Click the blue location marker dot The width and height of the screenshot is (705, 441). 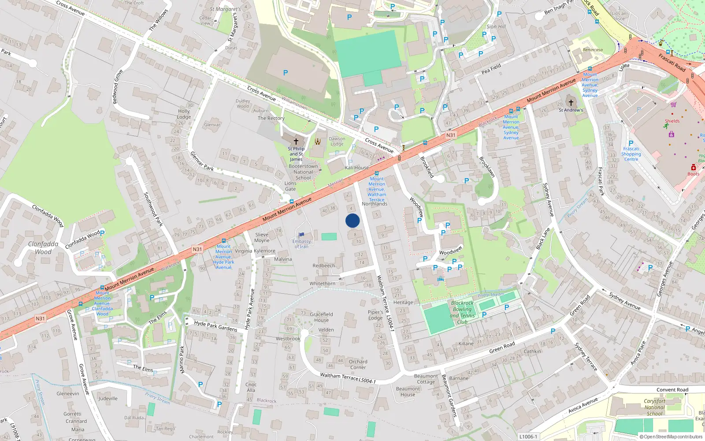click(352, 220)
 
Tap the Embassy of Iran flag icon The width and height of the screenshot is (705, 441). click(301, 235)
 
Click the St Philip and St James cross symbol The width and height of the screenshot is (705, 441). click(296, 141)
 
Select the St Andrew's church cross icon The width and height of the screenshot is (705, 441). click(571, 102)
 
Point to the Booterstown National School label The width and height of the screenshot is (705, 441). click(303, 172)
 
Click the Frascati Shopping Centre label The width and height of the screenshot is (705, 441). click(631, 154)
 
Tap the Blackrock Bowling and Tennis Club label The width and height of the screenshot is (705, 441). click(462, 312)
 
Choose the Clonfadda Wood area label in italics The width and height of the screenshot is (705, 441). click(43, 248)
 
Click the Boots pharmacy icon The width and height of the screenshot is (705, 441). click(693, 167)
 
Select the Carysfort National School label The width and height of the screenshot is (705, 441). click(654, 407)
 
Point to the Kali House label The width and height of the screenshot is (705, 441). click(357, 168)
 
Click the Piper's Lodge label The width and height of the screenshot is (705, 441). click(375, 315)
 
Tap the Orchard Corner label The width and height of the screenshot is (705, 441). click(358, 364)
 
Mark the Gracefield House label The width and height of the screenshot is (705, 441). click(321, 317)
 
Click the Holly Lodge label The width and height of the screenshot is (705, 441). click(184, 114)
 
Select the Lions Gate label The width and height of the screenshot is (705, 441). click(290, 186)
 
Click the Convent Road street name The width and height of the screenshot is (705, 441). click(672, 390)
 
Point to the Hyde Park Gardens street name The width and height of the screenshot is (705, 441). click(215, 326)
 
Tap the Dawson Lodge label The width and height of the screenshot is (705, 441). click(337, 141)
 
